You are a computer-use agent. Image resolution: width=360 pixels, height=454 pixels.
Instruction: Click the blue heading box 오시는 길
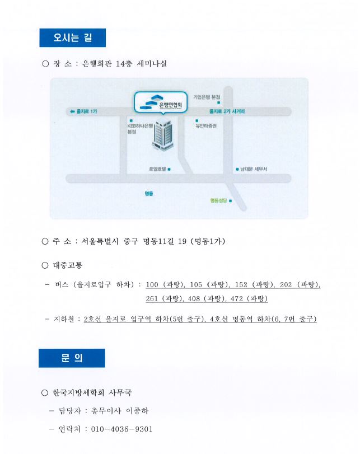[x=72, y=38]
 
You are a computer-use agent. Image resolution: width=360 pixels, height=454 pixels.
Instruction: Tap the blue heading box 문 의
[x=72, y=358]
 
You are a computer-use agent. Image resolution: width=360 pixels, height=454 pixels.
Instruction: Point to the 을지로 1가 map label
[x=83, y=112]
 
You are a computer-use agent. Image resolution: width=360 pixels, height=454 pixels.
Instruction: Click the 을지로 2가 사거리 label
[x=227, y=112]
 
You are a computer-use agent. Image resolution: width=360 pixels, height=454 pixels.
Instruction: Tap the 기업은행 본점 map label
[x=207, y=97]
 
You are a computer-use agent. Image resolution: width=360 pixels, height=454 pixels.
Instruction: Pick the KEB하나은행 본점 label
[x=139, y=129]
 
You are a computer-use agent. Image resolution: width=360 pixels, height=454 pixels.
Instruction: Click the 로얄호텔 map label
[x=157, y=169]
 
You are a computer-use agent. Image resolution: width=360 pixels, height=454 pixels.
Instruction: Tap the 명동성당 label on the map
[x=218, y=200]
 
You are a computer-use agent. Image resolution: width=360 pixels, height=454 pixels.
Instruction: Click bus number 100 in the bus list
[x=152, y=284]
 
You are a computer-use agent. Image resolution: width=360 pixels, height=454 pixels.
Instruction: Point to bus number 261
[x=152, y=298]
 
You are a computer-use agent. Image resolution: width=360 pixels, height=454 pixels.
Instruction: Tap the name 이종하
[x=137, y=410]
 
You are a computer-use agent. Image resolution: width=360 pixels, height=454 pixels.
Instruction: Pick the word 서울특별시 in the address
[x=102, y=241]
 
